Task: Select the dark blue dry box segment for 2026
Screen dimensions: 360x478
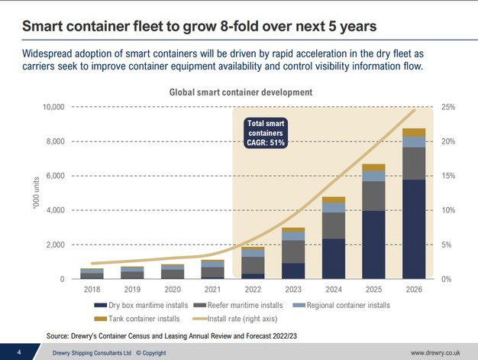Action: [414, 229]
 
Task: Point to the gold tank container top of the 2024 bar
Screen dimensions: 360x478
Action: [334, 200]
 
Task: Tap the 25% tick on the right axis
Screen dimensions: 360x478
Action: [449, 107]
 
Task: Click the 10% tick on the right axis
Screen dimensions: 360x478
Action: [449, 210]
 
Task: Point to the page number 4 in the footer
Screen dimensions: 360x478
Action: [18, 352]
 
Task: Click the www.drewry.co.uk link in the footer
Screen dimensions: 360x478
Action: [434, 352]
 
